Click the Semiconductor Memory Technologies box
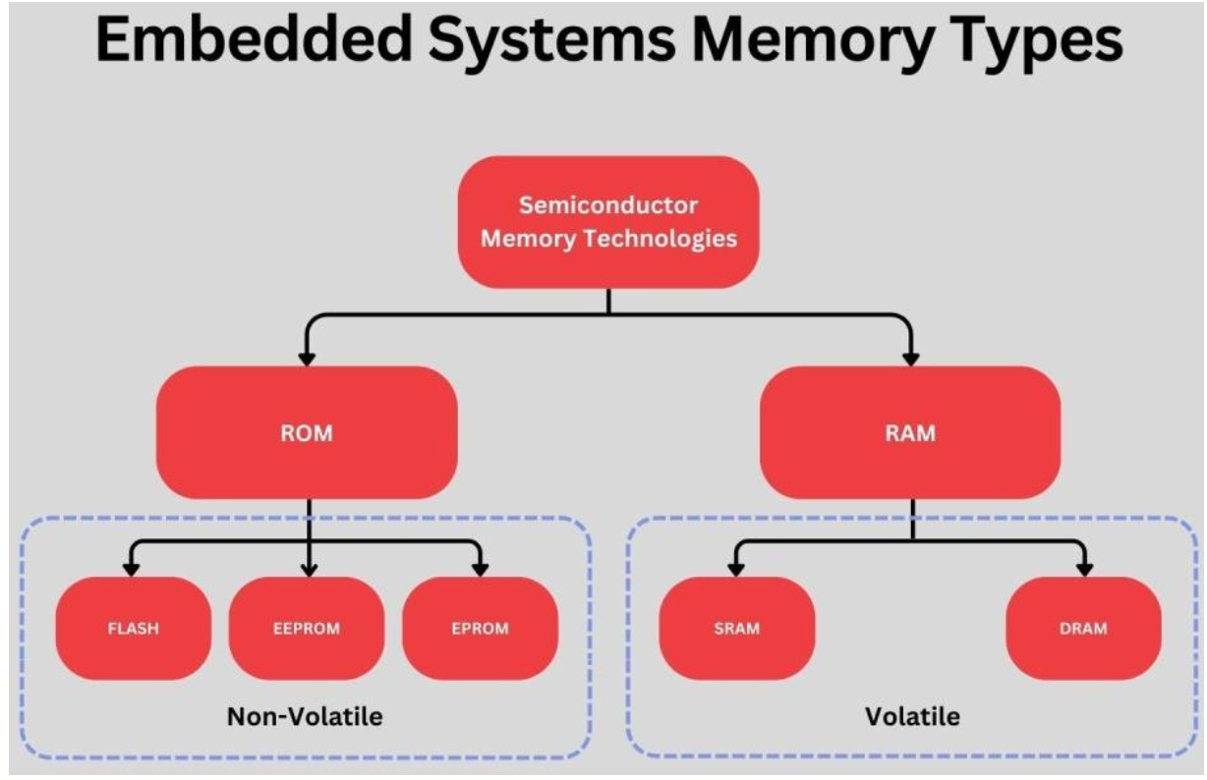[x=608, y=222]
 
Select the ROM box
[x=307, y=432]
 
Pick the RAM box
[x=910, y=432]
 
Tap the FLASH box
[x=133, y=628]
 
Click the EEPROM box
[x=307, y=628]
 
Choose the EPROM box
[x=480, y=628]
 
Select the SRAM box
[x=737, y=628]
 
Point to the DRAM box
[x=1084, y=628]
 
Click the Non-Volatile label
[x=305, y=717]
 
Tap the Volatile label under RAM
[x=911, y=717]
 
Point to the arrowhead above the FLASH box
[x=129, y=569]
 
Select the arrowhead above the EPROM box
[x=480, y=569]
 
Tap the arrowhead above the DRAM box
[x=1085, y=569]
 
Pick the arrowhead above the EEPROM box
[x=309, y=569]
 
